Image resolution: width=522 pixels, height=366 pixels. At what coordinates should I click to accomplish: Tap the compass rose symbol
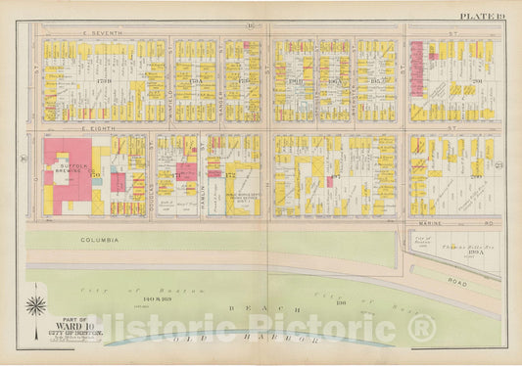coord(35,306)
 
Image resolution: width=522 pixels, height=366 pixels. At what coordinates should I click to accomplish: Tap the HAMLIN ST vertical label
coord(200,176)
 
